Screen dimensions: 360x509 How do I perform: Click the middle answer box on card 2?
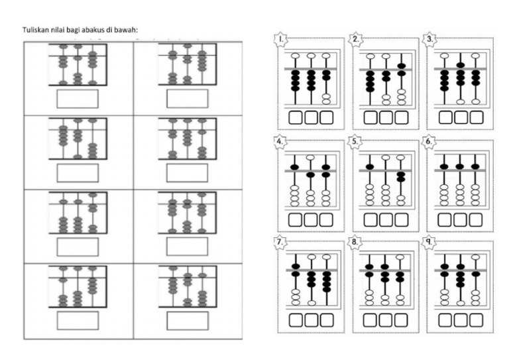[386, 117]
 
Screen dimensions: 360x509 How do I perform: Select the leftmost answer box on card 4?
[296, 219]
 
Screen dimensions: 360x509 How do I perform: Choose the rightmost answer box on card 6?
[475, 219]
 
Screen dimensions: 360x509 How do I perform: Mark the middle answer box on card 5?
[386, 219]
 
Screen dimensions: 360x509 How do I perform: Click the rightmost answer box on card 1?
[327, 117]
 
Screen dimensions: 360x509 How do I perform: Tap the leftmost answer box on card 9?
[445, 320]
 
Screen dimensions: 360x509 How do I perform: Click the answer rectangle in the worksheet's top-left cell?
[78, 98]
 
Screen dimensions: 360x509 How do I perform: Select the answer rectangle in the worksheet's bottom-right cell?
[188, 321]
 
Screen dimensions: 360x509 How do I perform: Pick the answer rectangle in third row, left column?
[78, 247]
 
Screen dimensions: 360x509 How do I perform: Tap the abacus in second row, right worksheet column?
[188, 139]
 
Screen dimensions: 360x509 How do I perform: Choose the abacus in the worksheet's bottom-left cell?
[78, 286]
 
